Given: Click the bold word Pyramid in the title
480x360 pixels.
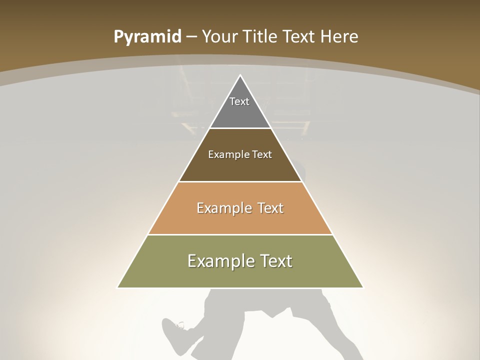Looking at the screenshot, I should point(147,37).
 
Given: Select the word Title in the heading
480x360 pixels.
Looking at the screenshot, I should point(260,37).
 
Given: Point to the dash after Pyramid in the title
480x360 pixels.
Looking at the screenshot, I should point(191,37).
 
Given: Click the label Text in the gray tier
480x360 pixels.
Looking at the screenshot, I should point(239,101).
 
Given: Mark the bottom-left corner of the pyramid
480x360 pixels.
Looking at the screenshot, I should point(118,287).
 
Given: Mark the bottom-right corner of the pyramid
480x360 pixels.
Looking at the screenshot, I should point(362,287).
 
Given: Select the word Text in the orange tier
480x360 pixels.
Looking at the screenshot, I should point(271,208).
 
